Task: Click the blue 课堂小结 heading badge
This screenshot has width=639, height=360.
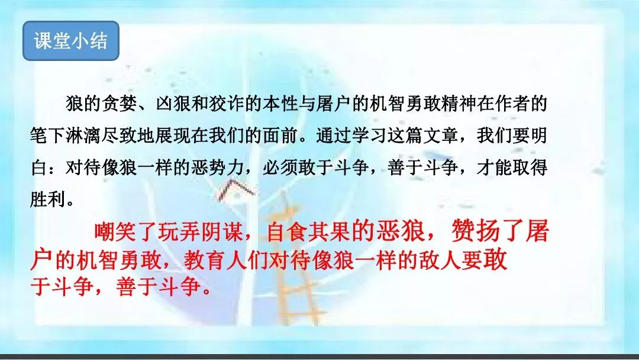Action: [71, 41]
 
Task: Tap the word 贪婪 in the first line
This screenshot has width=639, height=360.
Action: [120, 104]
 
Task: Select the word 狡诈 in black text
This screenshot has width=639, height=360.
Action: [227, 104]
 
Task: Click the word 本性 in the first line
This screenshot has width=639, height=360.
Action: [280, 104]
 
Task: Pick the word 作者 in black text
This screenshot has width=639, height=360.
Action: [511, 104]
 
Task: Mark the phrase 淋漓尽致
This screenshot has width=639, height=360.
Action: [102, 136]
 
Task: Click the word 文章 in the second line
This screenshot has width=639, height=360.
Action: [441, 136]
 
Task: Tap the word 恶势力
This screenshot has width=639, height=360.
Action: [218, 168]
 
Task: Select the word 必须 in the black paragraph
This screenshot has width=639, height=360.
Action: [280, 168]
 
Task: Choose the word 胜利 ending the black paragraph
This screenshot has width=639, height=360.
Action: [48, 200]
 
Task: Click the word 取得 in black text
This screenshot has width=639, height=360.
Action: [530, 168]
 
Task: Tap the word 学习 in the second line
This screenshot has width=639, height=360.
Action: [369, 136]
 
